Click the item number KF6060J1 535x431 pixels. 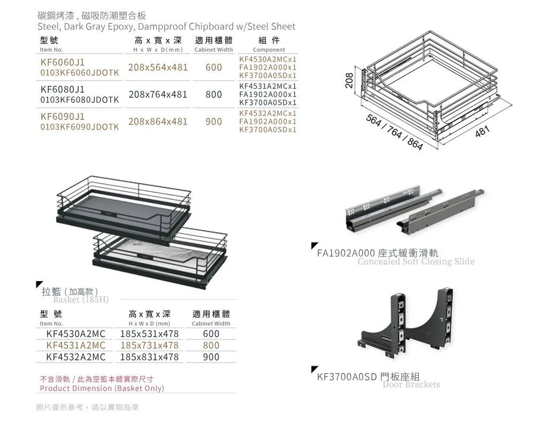coord(62,62)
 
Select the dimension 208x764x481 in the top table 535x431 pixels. coord(158,95)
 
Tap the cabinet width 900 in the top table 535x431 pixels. coord(213,122)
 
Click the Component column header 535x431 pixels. coord(269,50)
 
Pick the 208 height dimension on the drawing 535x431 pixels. coord(349,80)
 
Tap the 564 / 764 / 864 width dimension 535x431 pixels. coord(394,132)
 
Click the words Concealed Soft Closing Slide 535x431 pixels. coord(416,262)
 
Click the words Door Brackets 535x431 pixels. coord(411,384)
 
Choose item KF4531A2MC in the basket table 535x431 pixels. coord(75,345)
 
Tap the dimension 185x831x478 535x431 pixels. coord(149,357)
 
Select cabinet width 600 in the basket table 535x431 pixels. coord(211,334)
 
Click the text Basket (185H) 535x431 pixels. coord(80,300)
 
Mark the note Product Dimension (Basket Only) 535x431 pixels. coord(102,388)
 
